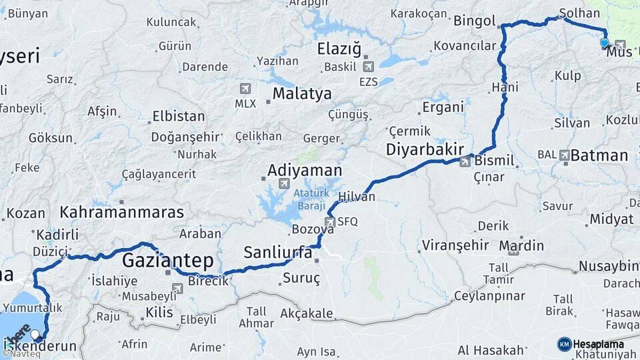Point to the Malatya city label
point(301,94)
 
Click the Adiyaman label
point(304,170)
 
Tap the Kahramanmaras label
point(121,213)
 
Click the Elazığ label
point(339,49)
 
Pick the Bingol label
point(474,21)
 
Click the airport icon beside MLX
point(245,89)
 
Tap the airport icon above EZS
point(368,66)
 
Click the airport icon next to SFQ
point(329,221)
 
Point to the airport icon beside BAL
point(565,155)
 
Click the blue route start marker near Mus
point(604,43)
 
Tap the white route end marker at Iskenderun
point(35,334)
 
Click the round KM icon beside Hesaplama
point(564,344)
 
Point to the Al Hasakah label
point(491,350)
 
